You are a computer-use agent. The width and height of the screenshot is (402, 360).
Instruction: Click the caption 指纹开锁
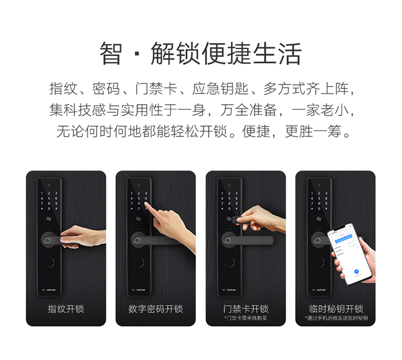[x=66, y=309]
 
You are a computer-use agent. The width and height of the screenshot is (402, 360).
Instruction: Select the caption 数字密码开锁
[x=155, y=309]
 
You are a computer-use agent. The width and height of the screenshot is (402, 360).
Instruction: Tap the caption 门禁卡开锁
[x=245, y=309]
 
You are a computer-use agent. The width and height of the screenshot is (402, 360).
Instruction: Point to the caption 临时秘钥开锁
[x=336, y=309]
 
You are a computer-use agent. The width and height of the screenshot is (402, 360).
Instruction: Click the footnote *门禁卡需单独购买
[x=245, y=319]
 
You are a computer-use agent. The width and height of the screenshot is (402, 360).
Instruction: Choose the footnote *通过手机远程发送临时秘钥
[x=336, y=319]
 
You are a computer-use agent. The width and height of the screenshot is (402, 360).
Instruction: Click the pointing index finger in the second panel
[x=152, y=205]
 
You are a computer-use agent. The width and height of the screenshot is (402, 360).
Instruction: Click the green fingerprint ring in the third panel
[x=227, y=240]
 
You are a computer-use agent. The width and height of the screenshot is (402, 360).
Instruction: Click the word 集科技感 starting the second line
[x=70, y=110]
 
